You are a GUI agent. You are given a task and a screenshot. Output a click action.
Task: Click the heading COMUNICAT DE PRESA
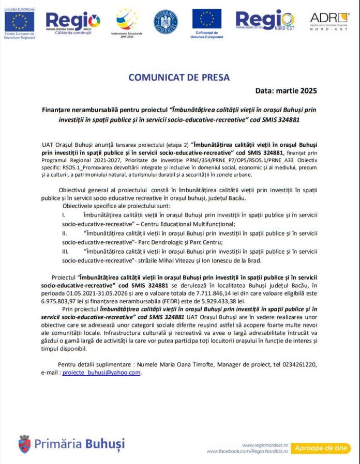179,78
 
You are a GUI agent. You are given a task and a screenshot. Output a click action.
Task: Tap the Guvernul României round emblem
166,22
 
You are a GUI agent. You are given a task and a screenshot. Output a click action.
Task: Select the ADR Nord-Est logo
329,21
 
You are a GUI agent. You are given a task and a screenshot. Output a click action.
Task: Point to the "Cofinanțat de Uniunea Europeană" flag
207,19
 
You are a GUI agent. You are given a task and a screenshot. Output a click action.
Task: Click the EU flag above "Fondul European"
19,21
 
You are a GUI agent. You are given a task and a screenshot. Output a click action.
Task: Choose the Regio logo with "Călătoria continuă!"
73,22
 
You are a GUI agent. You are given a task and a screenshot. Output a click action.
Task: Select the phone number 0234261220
298,364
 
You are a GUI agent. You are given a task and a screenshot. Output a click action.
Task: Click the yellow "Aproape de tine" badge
321,448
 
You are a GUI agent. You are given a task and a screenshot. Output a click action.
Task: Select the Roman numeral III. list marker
66,251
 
